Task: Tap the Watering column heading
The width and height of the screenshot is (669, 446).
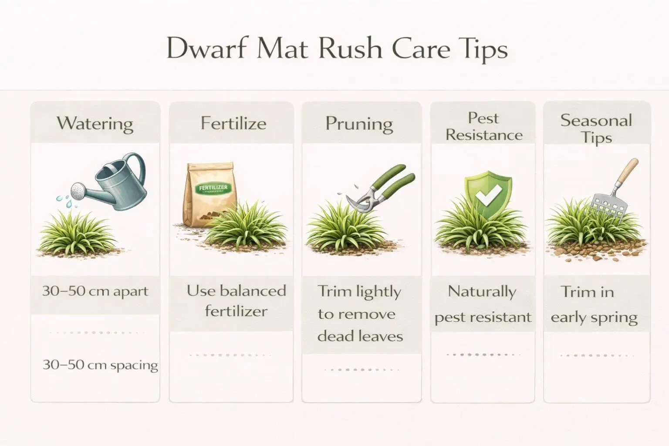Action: click(95, 123)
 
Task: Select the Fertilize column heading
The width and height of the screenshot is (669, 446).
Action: click(233, 123)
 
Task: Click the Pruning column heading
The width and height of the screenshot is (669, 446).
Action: click(359, 124)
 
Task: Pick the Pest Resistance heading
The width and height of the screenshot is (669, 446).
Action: click(483, 127)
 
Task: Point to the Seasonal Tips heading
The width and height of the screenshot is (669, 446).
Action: click(596, 129)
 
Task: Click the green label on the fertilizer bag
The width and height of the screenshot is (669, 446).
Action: click(213, 189)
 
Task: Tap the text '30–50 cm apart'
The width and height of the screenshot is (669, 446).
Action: click(95, 291)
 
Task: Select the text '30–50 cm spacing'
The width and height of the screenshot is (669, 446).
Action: click(100, 365)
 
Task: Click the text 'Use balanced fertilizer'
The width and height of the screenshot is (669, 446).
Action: click(236, 301)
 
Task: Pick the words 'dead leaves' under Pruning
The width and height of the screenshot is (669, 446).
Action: click(360, 336)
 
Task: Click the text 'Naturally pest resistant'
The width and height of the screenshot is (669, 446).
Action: click(483, 304)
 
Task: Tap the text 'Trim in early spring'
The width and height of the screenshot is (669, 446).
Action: click(594, 304)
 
